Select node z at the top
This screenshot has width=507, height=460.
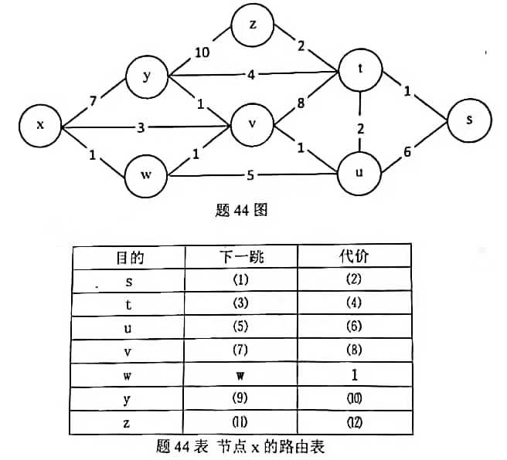coord(252,25)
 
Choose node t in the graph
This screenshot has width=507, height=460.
coord(360,69)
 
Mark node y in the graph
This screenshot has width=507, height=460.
coord(147,76)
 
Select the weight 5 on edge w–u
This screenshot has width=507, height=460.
coord(250,174)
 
